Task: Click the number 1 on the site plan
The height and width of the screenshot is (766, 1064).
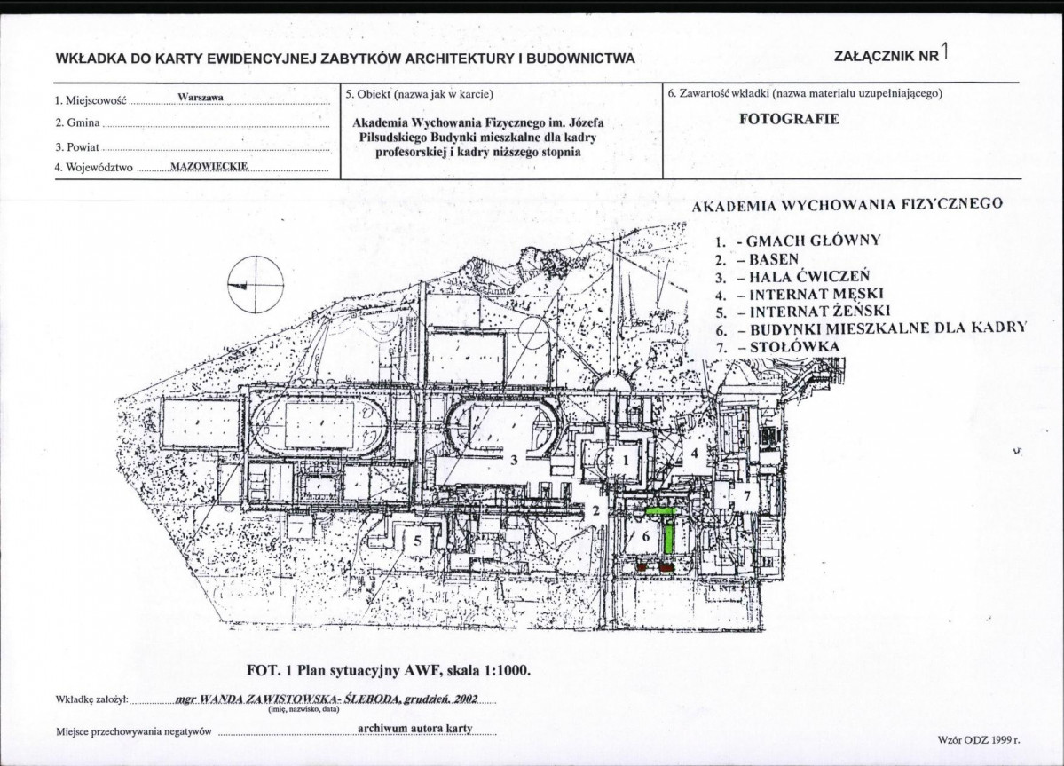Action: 627,460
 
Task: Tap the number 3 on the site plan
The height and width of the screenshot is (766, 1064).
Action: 515,460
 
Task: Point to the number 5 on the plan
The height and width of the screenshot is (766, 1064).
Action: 417,540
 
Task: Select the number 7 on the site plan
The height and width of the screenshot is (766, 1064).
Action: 747,496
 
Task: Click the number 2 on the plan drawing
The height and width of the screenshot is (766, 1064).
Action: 595,511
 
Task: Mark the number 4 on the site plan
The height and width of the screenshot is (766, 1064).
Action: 694,454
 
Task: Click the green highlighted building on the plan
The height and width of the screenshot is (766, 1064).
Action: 668,525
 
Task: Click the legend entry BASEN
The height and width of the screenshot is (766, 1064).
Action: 774,259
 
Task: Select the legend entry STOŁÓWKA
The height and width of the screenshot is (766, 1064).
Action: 794,347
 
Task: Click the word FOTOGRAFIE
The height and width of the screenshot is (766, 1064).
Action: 789,119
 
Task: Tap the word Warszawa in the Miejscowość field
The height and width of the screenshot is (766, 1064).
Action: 201,97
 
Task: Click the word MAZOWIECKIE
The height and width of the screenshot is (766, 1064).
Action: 209,166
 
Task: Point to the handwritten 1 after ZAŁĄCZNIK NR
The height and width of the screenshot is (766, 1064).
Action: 944,51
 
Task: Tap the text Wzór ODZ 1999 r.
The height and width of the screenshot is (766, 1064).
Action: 980,740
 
